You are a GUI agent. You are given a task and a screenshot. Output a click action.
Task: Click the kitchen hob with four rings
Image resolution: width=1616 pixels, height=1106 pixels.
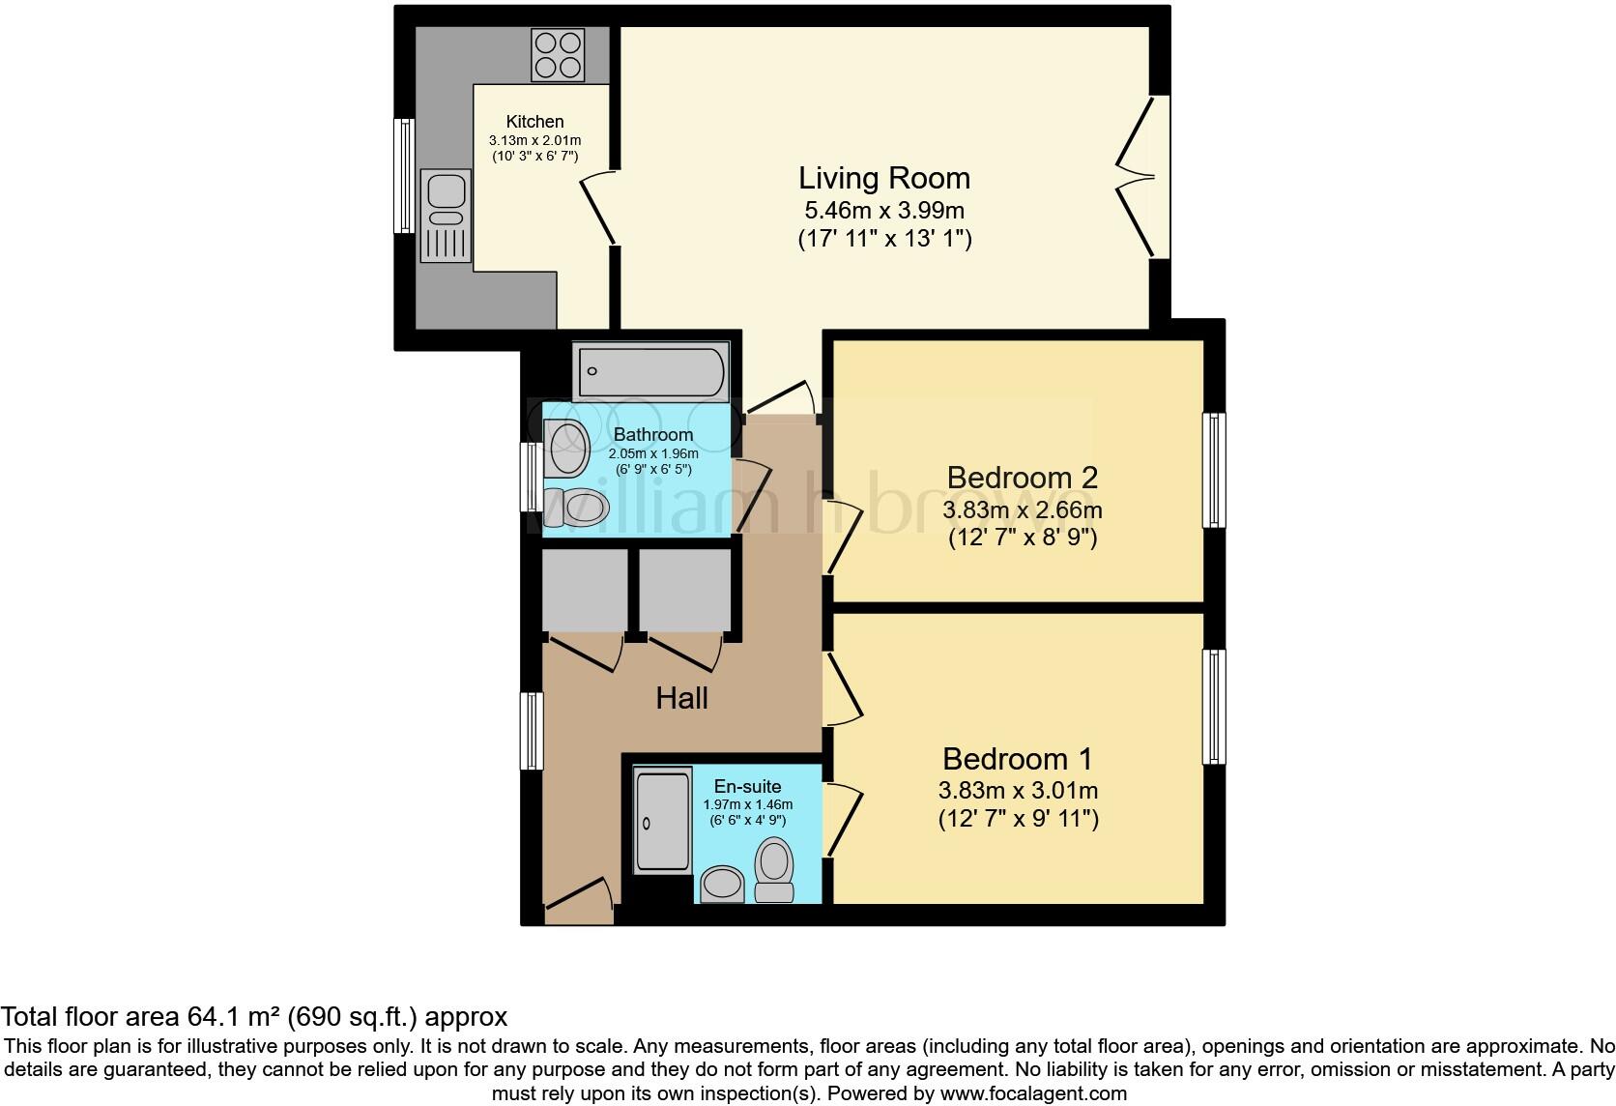[559, 55]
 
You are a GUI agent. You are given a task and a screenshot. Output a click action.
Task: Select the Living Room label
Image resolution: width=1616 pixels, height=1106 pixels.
[883, 178]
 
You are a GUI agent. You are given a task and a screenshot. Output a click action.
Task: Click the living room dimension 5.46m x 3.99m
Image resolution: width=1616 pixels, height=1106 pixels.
[883, 210]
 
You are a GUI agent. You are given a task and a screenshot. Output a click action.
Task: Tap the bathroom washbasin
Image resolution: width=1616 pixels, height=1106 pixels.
[566, 449]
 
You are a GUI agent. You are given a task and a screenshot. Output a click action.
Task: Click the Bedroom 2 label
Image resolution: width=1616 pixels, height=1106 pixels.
[1022, 478]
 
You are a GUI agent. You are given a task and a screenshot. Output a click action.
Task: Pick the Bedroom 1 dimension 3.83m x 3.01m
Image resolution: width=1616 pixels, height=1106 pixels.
[1018, 791]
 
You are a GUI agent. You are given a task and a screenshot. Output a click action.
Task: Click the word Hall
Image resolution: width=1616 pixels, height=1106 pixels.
[681, 698]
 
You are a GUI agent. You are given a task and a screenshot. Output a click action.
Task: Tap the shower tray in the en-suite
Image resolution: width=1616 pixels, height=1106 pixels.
[663, 820]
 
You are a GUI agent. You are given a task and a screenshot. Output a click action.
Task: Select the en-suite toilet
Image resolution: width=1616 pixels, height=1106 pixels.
[774, 867]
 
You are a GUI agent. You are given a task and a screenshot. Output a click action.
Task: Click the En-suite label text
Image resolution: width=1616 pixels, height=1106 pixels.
[747, 786]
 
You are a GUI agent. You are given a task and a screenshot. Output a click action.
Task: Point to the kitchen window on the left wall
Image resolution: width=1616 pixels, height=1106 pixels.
[404, 175]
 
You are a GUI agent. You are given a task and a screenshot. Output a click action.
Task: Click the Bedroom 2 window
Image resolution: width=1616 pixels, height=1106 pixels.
[1213, 470]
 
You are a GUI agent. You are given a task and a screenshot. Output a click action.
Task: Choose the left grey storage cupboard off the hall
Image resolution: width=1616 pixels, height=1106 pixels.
[584, 590]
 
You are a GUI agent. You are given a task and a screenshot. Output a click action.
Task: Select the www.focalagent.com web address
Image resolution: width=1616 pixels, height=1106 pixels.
[1033, 1093]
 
